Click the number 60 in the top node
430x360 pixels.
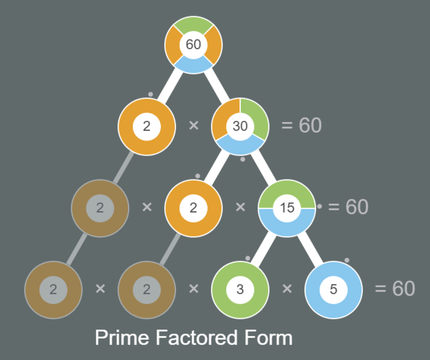(x=193, y=45)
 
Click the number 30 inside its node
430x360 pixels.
(x=240, y=126)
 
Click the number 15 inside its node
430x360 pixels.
(x=287, y=208)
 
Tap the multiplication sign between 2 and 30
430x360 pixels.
(x=193, y=126)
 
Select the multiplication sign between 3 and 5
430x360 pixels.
(x=287, y=288)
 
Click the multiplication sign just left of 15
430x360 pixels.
(x=240, y=207)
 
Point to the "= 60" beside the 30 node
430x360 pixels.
(x=302, y=126)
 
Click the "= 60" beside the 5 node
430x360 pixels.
(x=395, y=288)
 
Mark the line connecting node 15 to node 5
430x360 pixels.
(x=311, y=249)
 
